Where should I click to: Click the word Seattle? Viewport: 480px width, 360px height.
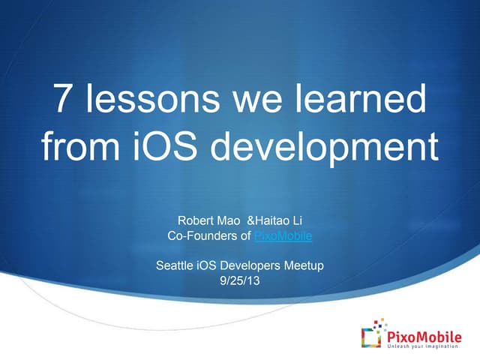174,265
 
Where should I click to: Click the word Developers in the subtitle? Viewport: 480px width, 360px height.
250,265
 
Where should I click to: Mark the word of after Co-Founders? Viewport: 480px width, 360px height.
245,236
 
